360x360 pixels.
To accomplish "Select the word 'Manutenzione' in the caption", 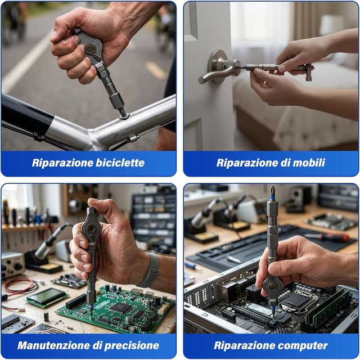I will pos(52,345).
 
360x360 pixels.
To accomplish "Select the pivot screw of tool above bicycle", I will pos(90,49).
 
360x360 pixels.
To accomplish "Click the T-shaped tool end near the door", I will pos(307,71).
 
